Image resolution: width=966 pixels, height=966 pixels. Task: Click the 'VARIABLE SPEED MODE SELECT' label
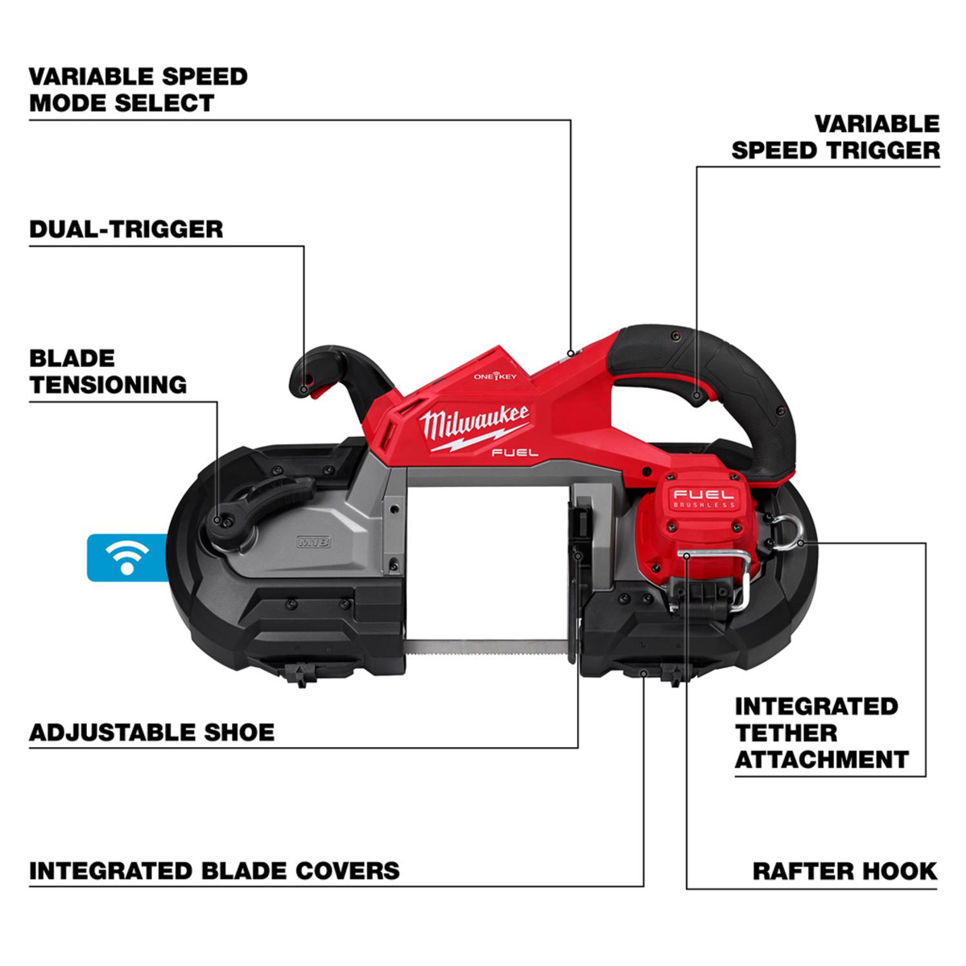(x=138, y=89)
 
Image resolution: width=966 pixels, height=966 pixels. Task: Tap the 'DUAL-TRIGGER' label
(x=126, y=229)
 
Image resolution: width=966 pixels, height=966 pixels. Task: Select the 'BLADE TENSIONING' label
(x=108, y=371)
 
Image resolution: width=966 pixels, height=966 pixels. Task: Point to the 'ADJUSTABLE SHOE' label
(x=151, y=733)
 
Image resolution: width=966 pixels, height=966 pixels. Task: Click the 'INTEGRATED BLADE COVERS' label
(x=214, y=871)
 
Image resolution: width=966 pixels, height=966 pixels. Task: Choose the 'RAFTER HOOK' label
(x=844, y=871)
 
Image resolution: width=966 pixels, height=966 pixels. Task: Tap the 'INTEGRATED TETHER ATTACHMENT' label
(x=820, y=733)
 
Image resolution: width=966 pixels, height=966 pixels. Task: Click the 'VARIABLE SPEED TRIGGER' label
(x=836, y=137)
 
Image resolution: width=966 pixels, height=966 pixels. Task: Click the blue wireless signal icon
(x=126, y=556)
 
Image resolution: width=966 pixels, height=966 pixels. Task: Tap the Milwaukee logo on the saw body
(x=474, y=424)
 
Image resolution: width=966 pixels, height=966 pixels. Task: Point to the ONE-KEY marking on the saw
(x=495, y=376)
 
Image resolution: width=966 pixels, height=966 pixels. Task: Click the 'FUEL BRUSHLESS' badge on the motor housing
(x=704, y=498)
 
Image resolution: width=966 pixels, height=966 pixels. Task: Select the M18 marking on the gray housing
(x=313, y=543)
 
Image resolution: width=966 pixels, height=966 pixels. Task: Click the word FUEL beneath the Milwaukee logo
(x=514, y=452)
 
